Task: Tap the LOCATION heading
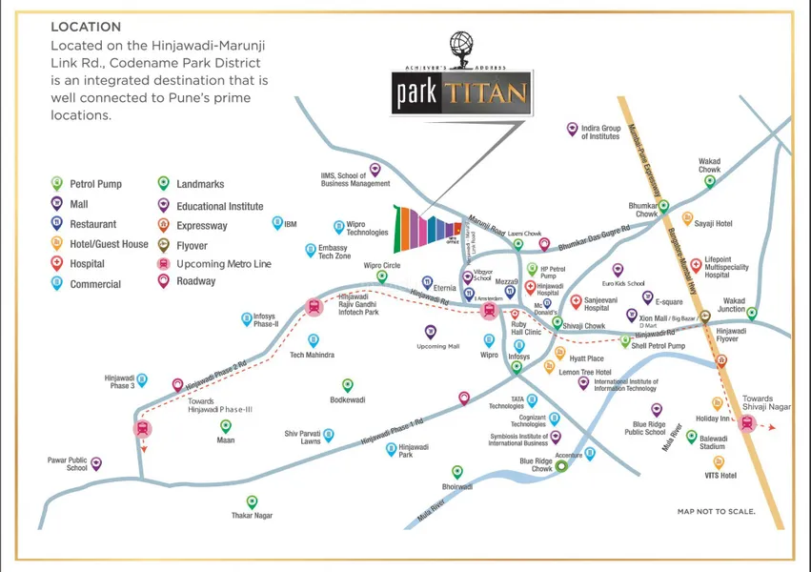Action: (x=86, y=27)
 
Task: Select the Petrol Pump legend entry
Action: (x=95, y=184)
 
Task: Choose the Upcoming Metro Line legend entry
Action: (x=224, y=264)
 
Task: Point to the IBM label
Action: (x=291, y=225)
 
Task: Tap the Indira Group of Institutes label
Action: (x=600, y=133)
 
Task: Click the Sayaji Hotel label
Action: (x=713, y=224)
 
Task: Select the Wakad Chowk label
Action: (x=709, y=165)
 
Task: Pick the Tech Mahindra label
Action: (x=313, y=355)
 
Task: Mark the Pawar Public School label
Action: (x=68, y=464)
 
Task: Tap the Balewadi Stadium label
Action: (x=713, y=442)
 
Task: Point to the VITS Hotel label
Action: (x=721, y=476)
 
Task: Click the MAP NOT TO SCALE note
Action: (x=716, y=512)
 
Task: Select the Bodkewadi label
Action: (x=348, y=400)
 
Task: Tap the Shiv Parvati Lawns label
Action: (x=303, y=438)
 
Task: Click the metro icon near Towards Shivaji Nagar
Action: (x=746, y=423)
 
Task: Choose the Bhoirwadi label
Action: (x=457, y=486)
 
